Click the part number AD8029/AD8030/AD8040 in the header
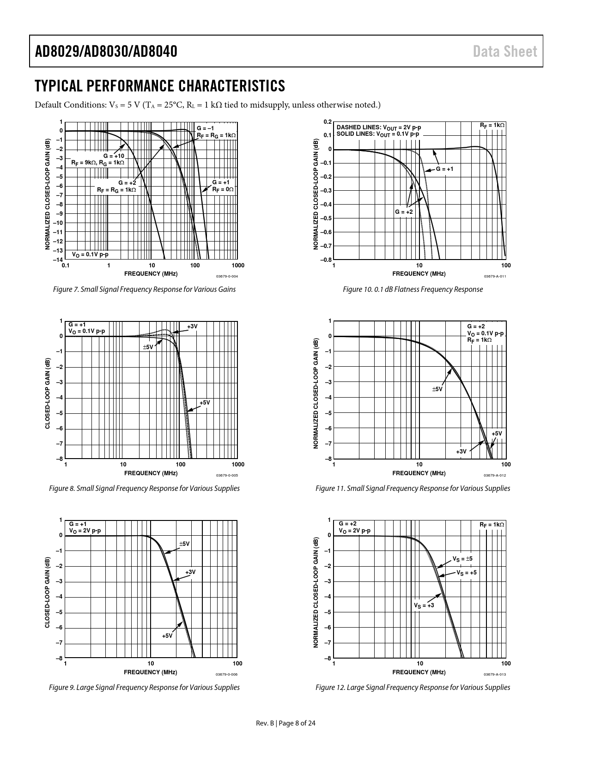pos(106,51)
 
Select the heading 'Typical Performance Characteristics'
pos(160,86)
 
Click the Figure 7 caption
pos(144,290)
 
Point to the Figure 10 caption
pos(413,290)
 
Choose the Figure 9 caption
pos(144,687)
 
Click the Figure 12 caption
pos(413,687)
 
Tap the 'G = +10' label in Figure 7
pos(114,156)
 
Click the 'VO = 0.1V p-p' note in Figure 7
pos(90,254)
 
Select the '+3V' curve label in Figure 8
pos(192,327)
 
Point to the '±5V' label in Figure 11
pos(437,389)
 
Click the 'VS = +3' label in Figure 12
pos(424,605)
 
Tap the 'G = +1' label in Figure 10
pos(445,169)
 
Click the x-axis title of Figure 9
pos(151,672)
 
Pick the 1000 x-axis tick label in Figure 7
pos(237,266)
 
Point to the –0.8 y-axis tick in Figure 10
pos(327,260)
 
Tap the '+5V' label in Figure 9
pos(167,635)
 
